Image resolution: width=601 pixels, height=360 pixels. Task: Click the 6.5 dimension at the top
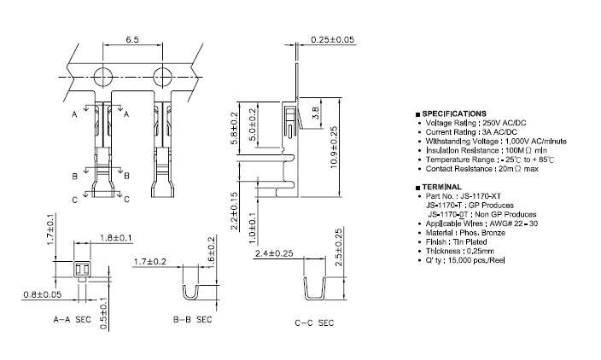click(x=132, y=39)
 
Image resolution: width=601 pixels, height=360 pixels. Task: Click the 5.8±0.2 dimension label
click(x=234, y=128)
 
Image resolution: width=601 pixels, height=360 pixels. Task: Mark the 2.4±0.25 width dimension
click(x=275, y=253)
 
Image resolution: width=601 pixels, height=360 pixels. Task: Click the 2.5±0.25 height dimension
click(x=339, y=248)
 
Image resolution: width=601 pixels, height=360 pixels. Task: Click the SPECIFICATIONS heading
click(x=454, y=113)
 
